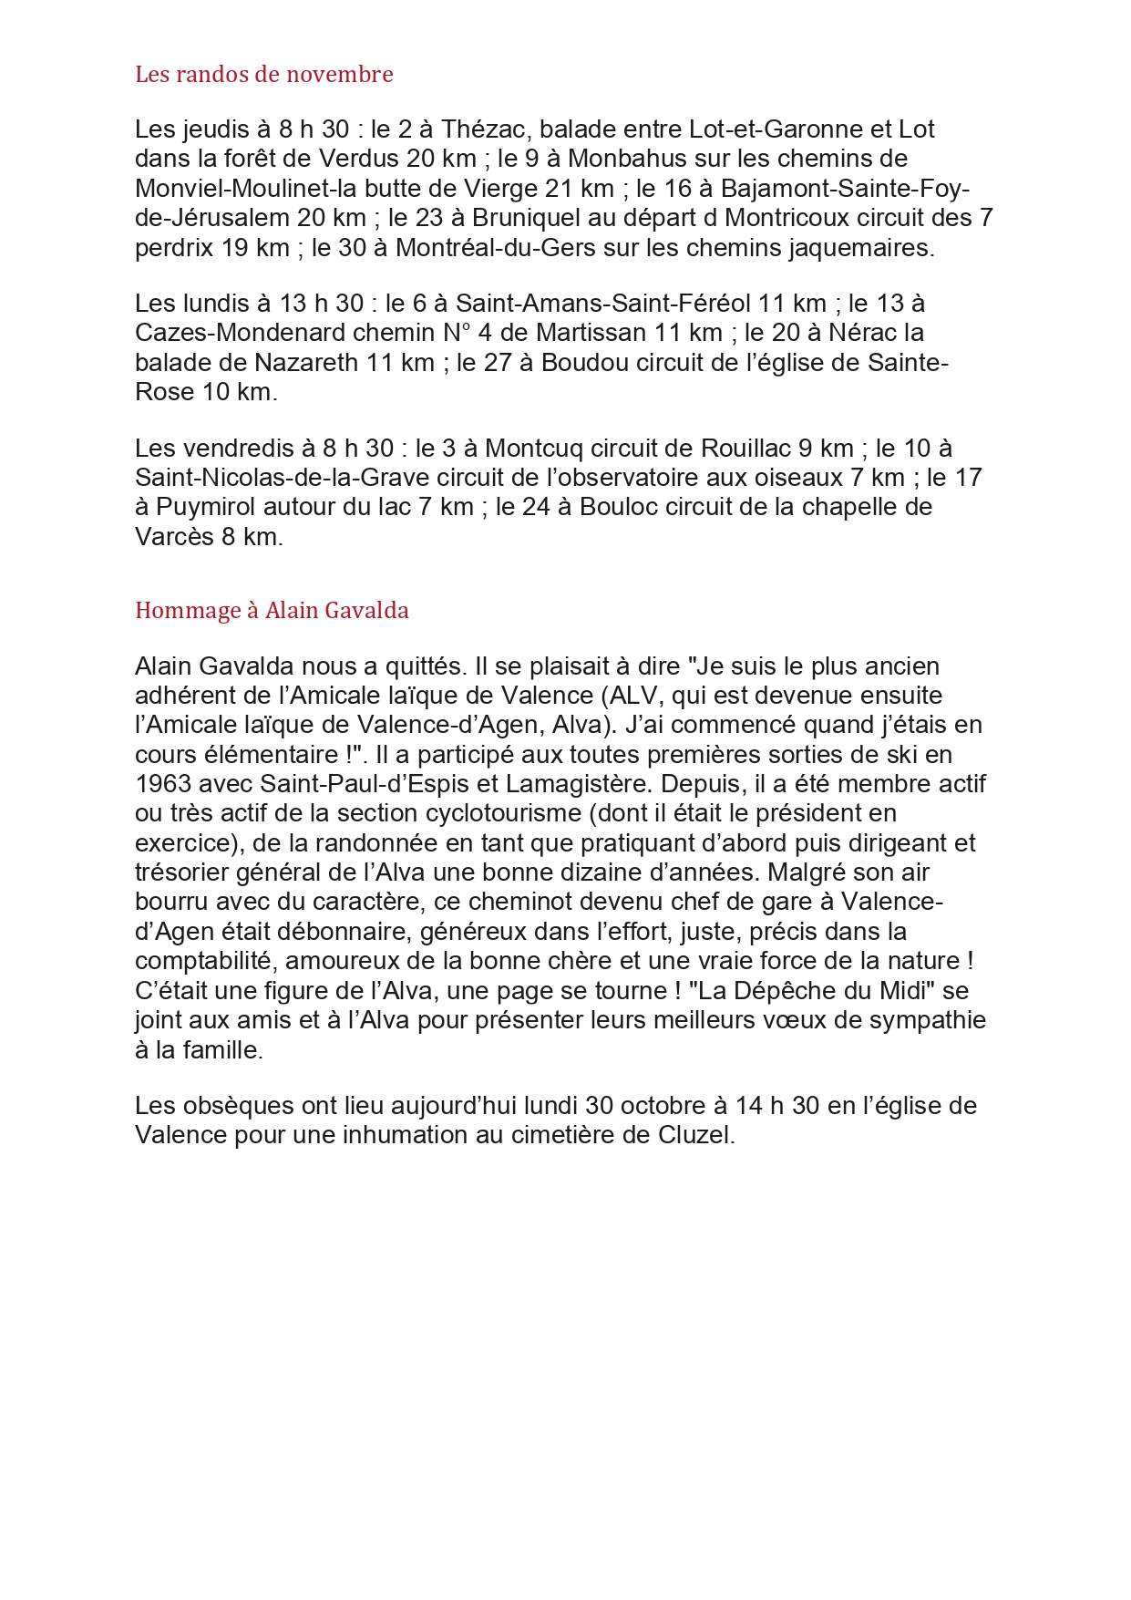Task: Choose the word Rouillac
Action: (745, 449)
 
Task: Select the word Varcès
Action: (174, 537)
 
